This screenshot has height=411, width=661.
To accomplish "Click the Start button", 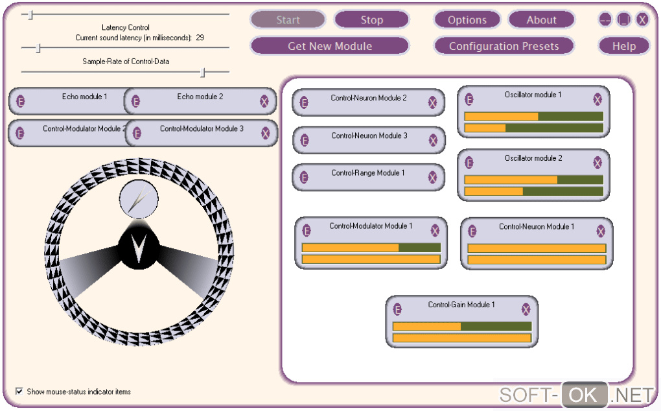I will click(288, 20).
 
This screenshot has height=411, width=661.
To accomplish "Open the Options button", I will click(467, 20).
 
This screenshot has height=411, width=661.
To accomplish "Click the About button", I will click(541, 20).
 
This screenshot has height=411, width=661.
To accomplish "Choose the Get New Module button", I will click(329, 46).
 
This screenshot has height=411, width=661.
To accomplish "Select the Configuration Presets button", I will click(504, 46).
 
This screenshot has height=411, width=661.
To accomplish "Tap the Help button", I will click(623, 46).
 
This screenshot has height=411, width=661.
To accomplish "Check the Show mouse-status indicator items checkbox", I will click(19, 392).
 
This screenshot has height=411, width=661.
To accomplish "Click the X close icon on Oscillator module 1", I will click(597, 99).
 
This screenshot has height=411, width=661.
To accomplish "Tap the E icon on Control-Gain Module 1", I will click(398, 309).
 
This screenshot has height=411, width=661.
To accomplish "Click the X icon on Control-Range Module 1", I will click(433, 177).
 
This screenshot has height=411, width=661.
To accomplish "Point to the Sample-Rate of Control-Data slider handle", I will click(203, 73).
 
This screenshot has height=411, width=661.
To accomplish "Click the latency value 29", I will click(200, 38).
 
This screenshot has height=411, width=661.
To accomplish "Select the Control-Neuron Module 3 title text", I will click(369, 136).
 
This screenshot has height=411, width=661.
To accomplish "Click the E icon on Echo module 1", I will click(21, 101).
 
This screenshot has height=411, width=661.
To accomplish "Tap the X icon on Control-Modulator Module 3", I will click(265, 133).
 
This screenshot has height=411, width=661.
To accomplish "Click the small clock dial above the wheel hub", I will click(138, 199).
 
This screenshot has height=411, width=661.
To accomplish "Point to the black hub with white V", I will click(139, 246).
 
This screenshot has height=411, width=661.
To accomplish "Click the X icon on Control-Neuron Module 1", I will click(601, 231).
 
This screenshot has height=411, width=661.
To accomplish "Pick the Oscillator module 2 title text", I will click(533, 158).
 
